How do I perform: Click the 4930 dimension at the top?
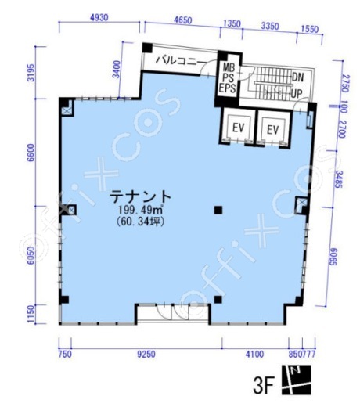[99, 18]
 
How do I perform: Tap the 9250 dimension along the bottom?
[146, 355]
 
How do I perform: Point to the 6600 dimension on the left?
[31, 153]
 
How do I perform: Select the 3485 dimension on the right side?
[339, 179]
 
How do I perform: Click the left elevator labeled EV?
[239, 128]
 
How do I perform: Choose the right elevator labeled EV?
[273, 130]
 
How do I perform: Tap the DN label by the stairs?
[297, 77]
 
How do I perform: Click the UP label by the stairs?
[297, 94]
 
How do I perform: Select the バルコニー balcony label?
[180, 61]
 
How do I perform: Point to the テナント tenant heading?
[140, 196]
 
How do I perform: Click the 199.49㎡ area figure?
[141, 209]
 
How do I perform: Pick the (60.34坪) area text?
[141, 222]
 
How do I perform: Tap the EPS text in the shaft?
[228, 88]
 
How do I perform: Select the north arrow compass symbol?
[297, 380]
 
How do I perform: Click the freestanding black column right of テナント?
[218, 210]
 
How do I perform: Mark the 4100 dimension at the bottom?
[254, 355]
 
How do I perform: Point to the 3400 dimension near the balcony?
[117, 69]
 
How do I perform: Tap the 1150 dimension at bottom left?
[31, 314]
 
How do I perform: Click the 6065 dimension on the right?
[333, 257]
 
